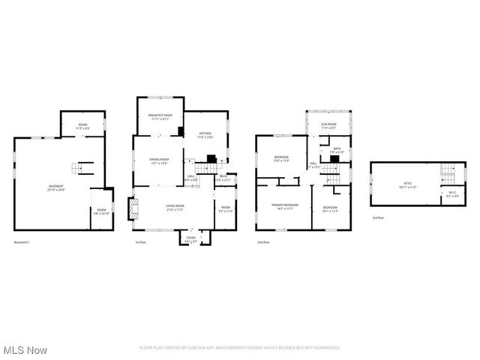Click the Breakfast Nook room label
160,116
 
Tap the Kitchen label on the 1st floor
205,136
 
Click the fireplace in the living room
133,208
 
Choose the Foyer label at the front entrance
190,240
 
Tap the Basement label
56,187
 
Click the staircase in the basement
79,167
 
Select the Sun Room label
328,125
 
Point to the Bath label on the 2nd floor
337,151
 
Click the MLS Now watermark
25,350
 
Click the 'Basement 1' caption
23,242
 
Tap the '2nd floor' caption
263,242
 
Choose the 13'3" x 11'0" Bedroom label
281,158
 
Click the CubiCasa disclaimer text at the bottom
240,347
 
